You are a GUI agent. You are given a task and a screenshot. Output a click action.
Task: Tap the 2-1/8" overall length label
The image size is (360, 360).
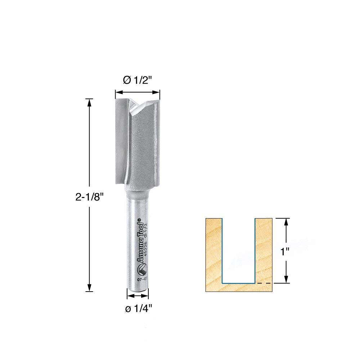(x=90, y=197)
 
